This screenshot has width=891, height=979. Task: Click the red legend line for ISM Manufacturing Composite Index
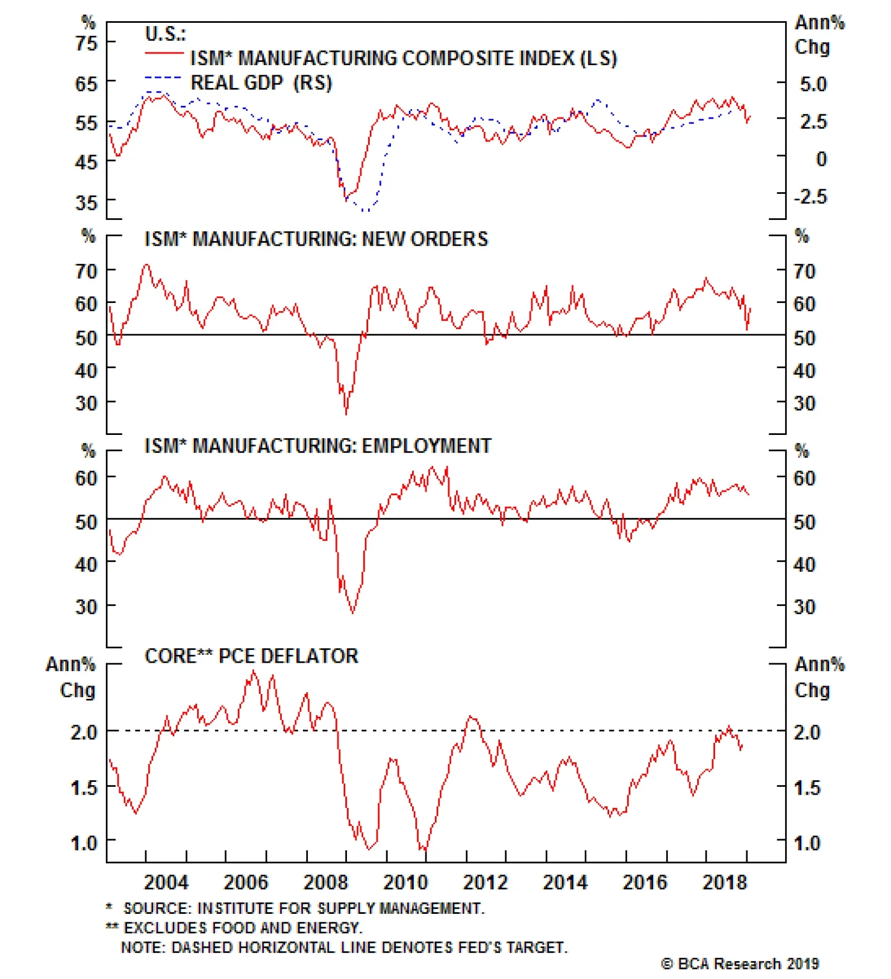coord(164,53)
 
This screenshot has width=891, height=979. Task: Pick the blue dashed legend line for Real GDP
coord(163,78)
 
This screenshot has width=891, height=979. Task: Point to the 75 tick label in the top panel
coord(86,43)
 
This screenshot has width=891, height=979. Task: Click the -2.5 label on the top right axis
coord(810,197)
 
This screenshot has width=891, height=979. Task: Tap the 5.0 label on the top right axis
coord(813,84)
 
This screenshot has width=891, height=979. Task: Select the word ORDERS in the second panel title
coord(449,239)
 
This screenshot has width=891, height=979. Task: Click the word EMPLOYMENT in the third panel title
coord(427,446)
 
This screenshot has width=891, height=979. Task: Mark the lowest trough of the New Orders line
coord(346,414)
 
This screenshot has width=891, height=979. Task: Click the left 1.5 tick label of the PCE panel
coord(84,787)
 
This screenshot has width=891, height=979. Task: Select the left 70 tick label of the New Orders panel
coord(86,271)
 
